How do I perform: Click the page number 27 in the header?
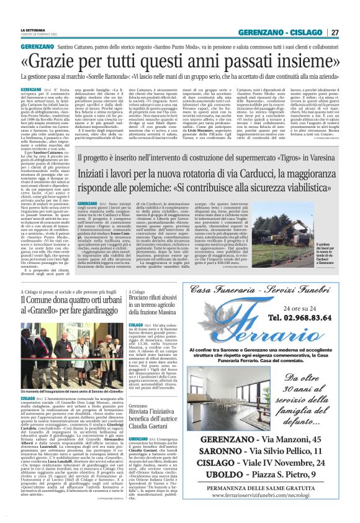click(x=335, y=32)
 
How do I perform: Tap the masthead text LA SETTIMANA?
click(x=36, y=29)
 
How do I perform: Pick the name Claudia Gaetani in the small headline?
click(x=145, y=426)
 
